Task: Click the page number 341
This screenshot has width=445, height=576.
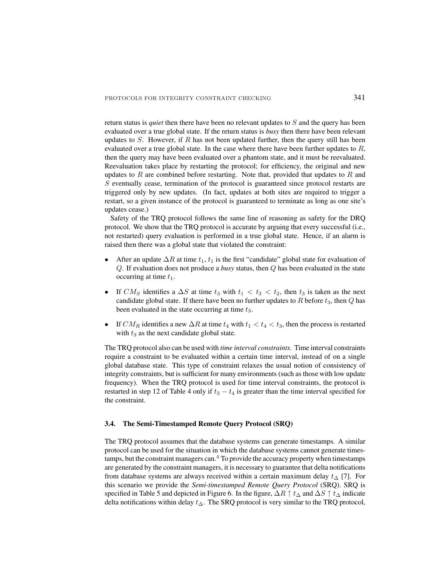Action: [359, 98]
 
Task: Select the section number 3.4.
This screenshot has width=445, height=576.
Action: [110, 424]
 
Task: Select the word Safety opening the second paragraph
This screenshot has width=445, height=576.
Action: [120, 218]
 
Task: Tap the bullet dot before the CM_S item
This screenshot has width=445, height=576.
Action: [107, 292]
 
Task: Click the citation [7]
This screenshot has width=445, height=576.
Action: [346, 476]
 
